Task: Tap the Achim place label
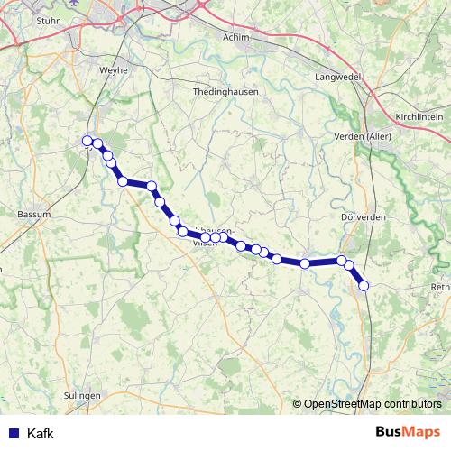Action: coord(235,37)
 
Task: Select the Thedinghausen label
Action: coord(226,92)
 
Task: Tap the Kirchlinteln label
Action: coord(421,117)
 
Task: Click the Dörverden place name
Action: coord(363,216)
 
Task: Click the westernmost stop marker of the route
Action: coord(87,141)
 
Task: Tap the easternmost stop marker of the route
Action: coord(364,285)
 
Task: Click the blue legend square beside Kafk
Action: coord(12,434)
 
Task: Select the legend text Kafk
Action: coord(41,434)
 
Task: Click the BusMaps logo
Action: coord(408,433)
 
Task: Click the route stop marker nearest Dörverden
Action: coord(342,261)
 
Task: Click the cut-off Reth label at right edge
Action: coord(441,287)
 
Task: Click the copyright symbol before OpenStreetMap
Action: coord(297,404)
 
